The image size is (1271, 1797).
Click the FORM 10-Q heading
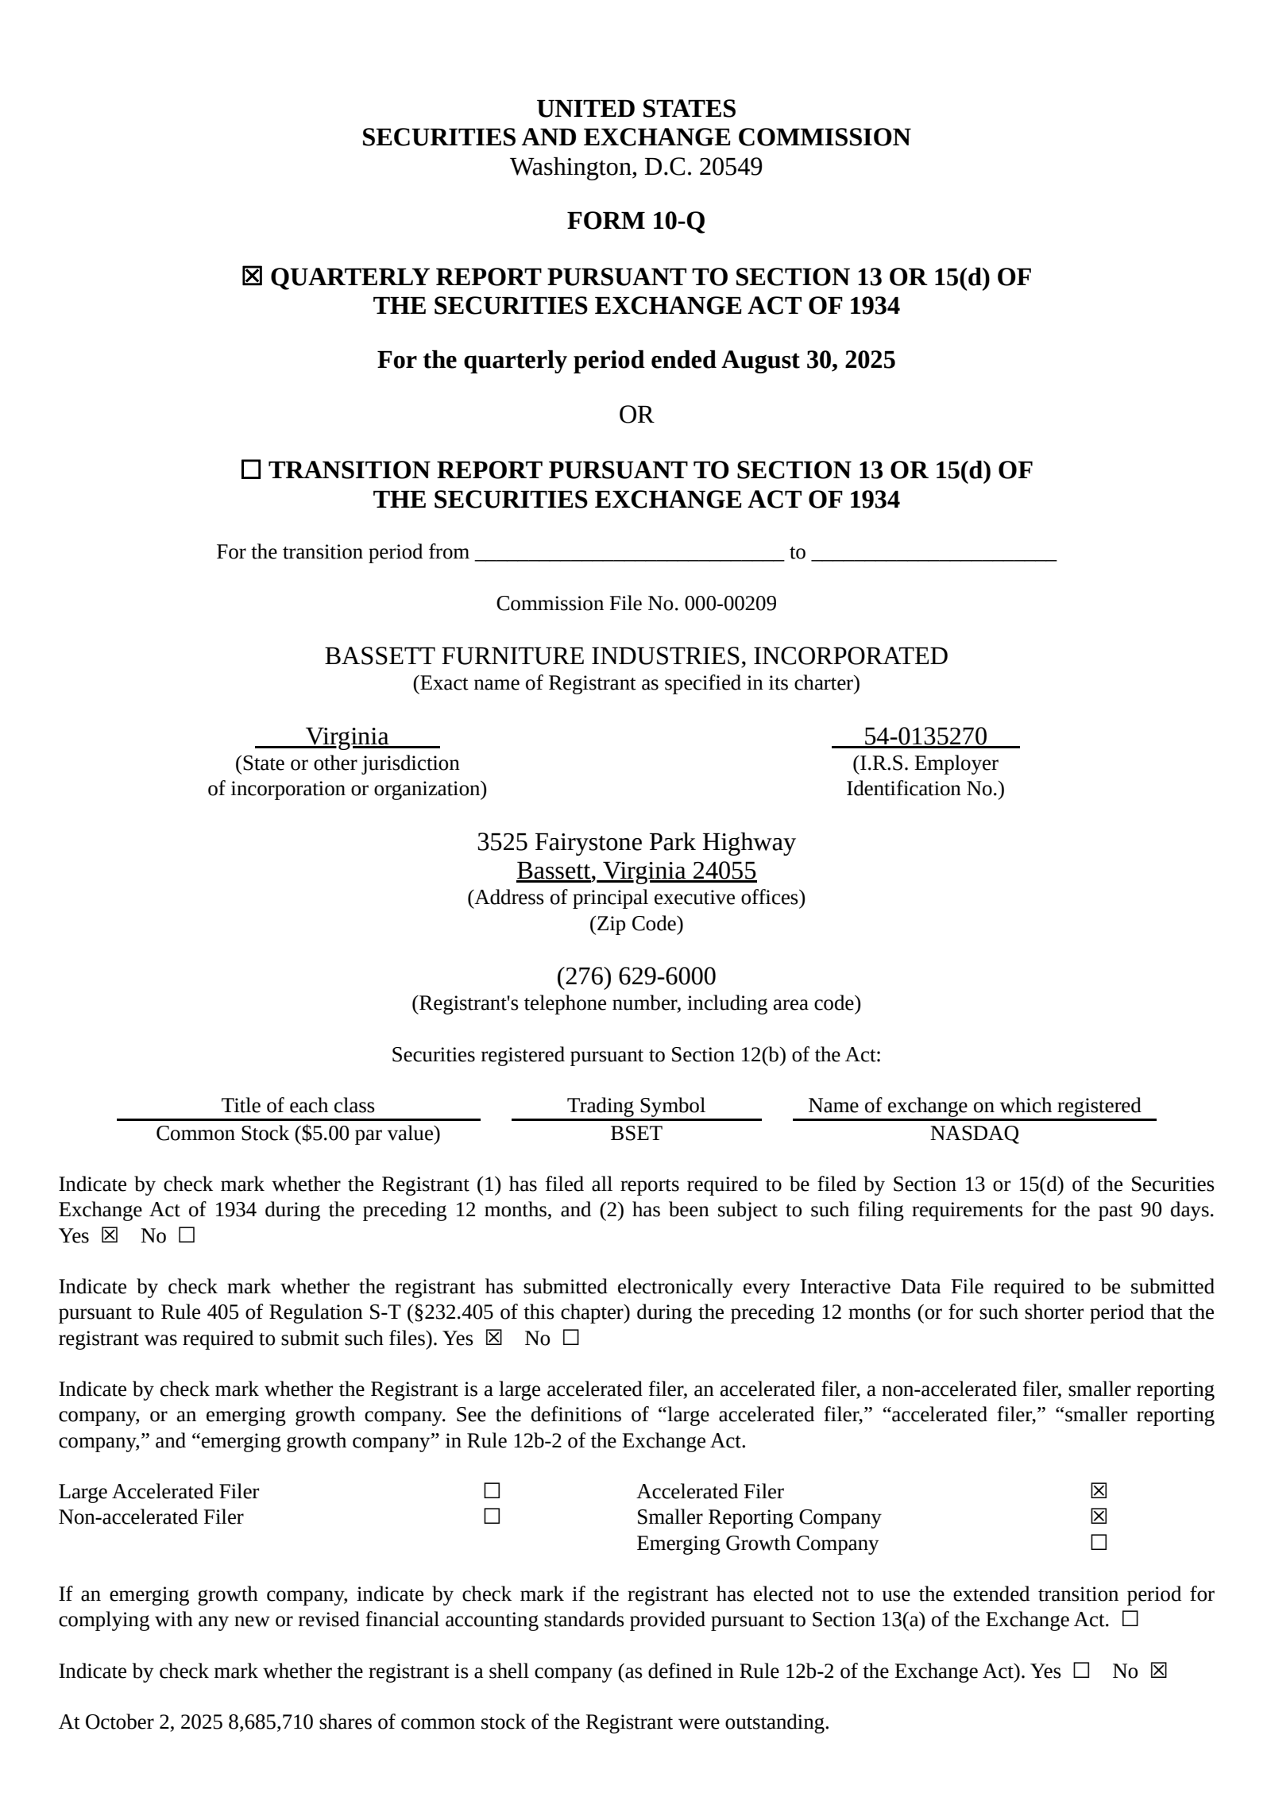click(635, 221)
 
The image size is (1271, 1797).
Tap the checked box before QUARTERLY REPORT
click(251, 276)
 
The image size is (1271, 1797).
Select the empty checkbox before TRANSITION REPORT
click(251, 470)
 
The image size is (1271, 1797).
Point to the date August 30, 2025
click(808, 360)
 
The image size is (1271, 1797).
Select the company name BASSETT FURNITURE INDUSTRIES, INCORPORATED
click(635, 656)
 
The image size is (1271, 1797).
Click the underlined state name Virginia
click(347, 736)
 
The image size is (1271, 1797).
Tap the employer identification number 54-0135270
click(925, 736)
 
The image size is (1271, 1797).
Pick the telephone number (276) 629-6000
click(635, 976)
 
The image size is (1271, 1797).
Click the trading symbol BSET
click(635, 1134)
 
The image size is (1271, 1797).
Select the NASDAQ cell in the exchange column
click(974, 1134)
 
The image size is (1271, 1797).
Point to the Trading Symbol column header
click(635, 1105)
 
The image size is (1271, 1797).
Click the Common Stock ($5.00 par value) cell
click(298, 1134)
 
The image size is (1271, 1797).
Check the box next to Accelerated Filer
click(1099, 1491)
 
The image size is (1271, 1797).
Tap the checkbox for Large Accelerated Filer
click(492, 1491)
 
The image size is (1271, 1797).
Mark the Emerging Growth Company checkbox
click(1099, 1543)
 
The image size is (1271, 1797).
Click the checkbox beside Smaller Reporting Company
click(1099, 1517)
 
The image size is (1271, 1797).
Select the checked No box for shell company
click(1159, 1671)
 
